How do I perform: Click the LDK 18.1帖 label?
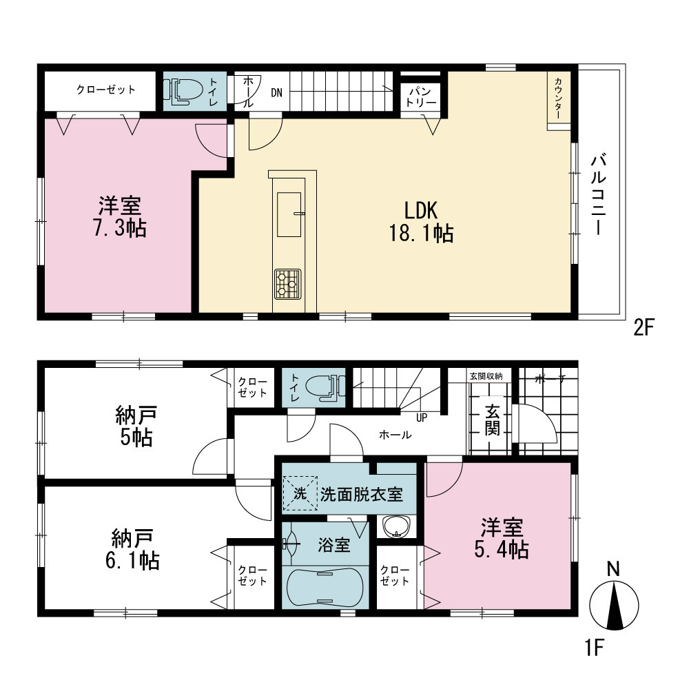point(422,221)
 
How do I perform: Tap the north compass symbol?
point(613,601)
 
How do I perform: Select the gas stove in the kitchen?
point(288,284)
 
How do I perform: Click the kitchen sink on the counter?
point(289,214)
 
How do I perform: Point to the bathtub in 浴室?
point(325,587)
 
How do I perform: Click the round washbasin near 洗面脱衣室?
point(397,526)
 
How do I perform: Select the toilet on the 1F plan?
point(325,387)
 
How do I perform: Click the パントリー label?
point(421,97)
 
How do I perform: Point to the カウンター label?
point(557,99)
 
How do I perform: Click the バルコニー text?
point(598,194)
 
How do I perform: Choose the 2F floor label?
point(644,327)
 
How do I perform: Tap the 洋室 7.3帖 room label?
point(120,216)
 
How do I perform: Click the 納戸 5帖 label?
point(136,426)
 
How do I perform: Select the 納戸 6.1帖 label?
point(132,549)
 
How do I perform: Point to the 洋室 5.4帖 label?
point(502,538)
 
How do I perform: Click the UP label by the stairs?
point(422,418)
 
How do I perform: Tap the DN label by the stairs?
point(276,93)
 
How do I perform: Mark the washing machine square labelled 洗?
point(300,493)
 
